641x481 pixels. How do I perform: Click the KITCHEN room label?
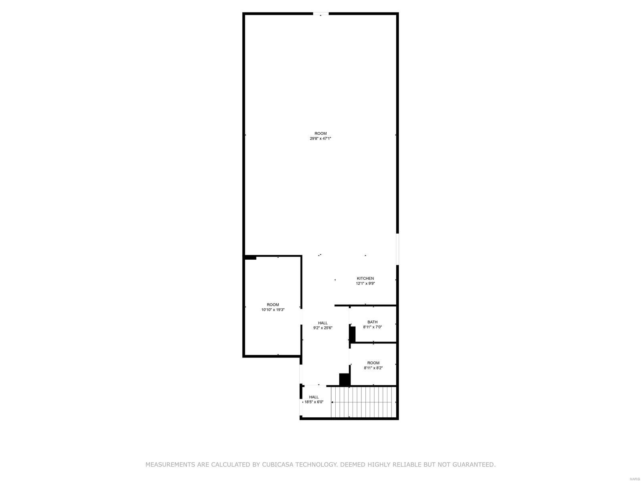[365, 278]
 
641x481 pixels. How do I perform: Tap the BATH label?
[372, 322]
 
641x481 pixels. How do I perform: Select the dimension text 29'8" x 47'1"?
[320, 138]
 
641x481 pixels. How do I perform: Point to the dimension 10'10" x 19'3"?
[273, 309]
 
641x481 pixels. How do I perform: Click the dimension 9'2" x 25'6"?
[323, 327]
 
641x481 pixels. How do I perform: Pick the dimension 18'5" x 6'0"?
[314, 402]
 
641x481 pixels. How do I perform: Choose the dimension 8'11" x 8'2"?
[373, 368]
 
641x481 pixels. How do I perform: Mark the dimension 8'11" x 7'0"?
[372, 327]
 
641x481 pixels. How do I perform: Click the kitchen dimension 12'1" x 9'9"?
[365, 283]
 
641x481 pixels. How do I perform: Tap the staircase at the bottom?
[363, 402]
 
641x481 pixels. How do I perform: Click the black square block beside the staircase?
[344, 379]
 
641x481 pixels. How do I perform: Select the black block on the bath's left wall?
[353, 334]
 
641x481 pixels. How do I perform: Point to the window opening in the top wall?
[320, 14]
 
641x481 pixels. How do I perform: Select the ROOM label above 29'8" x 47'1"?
[320, 133]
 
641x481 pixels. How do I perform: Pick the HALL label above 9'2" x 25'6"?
[323, 323]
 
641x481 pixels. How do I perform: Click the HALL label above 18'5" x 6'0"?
[314, 397]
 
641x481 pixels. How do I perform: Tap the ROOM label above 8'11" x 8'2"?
[373, 363]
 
